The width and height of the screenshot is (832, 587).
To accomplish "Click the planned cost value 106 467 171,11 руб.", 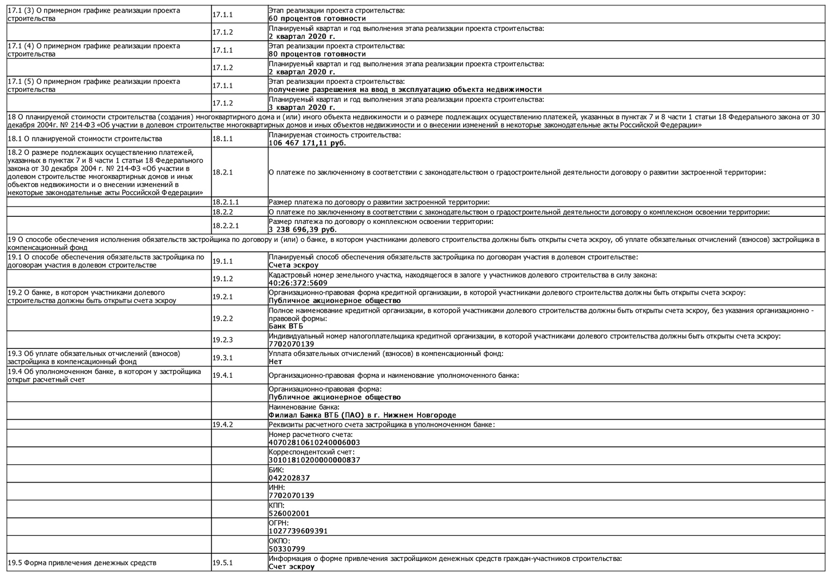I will click(307, 143).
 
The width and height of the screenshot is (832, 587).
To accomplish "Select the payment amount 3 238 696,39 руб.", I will click(303, 230).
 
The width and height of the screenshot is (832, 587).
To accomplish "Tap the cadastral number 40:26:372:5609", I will click(298, 283).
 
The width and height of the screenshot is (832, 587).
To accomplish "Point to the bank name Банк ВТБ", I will click(286, 327).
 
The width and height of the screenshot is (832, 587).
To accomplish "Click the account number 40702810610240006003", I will click(314, 442).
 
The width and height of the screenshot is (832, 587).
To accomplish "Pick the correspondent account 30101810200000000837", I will click(314, 460).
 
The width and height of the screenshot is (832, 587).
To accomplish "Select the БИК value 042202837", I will click(289, 478).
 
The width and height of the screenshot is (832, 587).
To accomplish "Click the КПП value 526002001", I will click(289, 514).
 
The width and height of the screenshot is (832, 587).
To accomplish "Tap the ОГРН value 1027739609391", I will click(298, 531).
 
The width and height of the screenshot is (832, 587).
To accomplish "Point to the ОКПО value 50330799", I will click(287, 549).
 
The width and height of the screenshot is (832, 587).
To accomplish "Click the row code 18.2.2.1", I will click(225, 226).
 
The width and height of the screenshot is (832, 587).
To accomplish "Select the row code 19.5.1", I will click(222, 563).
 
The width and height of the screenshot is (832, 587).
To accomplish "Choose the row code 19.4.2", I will click(222, 424).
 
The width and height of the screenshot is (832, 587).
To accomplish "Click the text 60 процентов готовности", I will click(317, 18).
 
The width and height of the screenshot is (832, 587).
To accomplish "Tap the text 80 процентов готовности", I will click(317, 54).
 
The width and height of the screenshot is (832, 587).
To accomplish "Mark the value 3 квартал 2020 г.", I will click(301, 108).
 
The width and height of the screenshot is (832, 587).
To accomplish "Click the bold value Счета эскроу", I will click(294, 266).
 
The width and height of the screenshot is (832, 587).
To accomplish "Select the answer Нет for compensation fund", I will click(275, 362).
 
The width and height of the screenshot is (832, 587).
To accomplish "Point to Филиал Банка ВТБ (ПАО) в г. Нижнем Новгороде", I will click(362, 415).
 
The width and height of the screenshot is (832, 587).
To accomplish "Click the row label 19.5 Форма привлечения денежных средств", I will click(82, 563).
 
